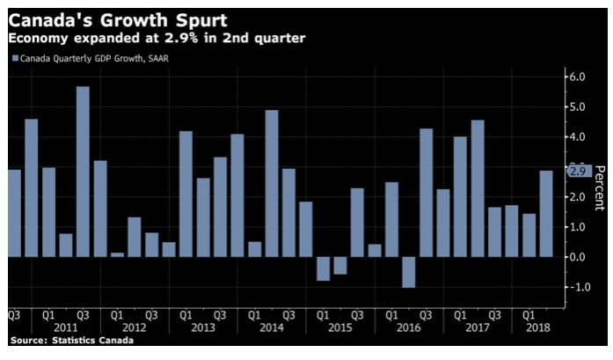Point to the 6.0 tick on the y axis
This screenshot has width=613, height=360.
[578, 77]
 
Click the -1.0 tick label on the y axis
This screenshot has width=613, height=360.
[576, 287]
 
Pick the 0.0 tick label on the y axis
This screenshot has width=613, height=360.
[578, 257]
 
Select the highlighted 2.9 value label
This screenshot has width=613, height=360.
[578, 171]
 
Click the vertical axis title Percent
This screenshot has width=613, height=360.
[600, 187]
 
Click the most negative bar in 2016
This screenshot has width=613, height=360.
[408, 272]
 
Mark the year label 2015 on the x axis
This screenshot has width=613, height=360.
[339, 327]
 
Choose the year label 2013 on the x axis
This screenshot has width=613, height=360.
[202, 327]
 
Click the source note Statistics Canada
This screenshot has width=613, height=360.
[71, 340]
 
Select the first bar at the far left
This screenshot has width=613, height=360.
[14, 213]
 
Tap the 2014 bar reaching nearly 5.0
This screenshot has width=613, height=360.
[271, 183]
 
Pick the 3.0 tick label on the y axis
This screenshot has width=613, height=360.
[578, 167]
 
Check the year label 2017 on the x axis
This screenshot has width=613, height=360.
[478, 327]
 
